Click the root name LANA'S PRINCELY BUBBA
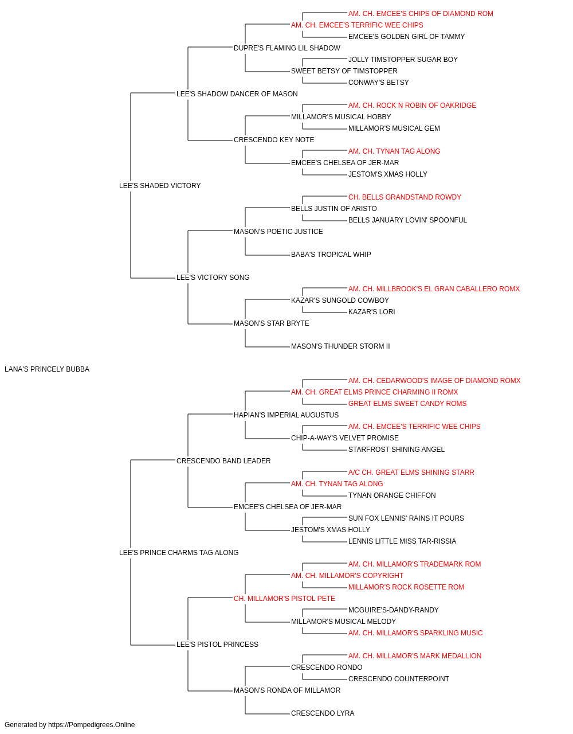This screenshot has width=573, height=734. (x=47, y=369)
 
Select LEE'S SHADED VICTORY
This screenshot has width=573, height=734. (x=160, y=186)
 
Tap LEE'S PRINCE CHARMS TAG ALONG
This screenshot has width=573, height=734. (x=179, y=553)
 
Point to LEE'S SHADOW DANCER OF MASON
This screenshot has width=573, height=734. (x=237, y=94)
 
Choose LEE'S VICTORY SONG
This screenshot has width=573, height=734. (x=213, y=278)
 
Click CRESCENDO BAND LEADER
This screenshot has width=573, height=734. (x=223, y=460)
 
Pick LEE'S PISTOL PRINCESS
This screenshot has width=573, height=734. (x=217, y=644)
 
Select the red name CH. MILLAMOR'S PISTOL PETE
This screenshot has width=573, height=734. (x=284, y=599)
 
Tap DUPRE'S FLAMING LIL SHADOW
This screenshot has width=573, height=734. (x=287, y=48)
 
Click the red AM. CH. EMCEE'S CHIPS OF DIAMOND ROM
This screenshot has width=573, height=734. (x=421, y=14)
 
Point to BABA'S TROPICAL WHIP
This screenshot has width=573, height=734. (x=331, y=255)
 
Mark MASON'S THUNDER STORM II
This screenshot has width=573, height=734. (x=340, y=346)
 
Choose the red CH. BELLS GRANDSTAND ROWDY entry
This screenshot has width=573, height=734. (x=405, y=197)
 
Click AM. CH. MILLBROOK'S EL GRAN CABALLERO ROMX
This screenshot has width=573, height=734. (x=434, y=289)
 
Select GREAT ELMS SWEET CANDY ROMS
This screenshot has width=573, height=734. (x=407, y=403)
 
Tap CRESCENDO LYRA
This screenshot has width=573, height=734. (x=323, y=713)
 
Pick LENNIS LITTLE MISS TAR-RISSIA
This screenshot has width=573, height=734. (x=402, y=541)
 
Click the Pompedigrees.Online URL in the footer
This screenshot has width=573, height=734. (x=92, y=725)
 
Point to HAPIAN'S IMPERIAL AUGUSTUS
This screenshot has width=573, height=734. (x=286, y=415)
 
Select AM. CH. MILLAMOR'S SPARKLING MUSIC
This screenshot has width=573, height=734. (x=415, y=633)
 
